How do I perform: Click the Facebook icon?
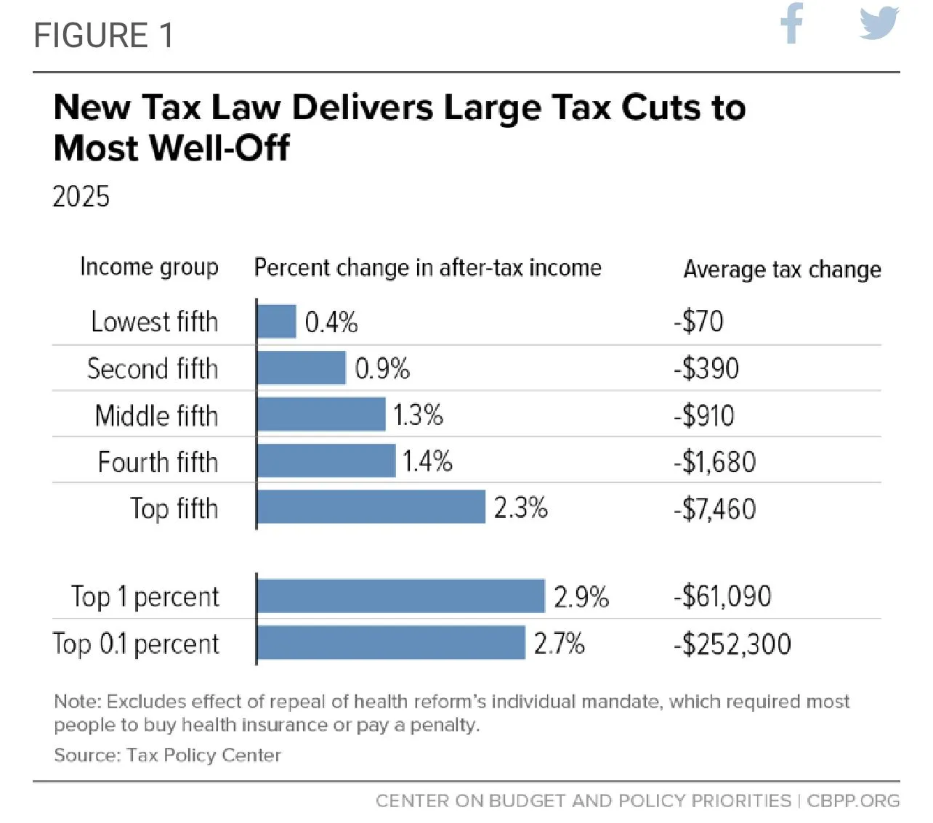point(792,23)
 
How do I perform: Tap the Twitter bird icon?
point(879,23)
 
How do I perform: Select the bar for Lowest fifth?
point(277,321)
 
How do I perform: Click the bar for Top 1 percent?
point(400,596)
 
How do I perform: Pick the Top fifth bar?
point(371,507)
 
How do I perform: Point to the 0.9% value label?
point(382,369)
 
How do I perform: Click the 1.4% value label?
point(427,461)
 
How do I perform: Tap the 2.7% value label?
point(559,644)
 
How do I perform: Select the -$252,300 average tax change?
point(732,644)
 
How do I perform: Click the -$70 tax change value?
point(698,321)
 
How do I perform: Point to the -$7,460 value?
point(714,508)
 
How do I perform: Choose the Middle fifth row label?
point(156,415)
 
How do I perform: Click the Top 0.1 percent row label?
point(136,644)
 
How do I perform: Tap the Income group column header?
point(149,267)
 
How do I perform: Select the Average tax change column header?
point(782,269)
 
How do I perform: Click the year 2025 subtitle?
point(81,197)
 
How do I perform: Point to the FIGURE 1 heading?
point(104,36)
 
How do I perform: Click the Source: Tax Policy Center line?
point(167,755)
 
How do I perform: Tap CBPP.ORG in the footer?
point(853,800)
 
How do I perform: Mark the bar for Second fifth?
point(302,368)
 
